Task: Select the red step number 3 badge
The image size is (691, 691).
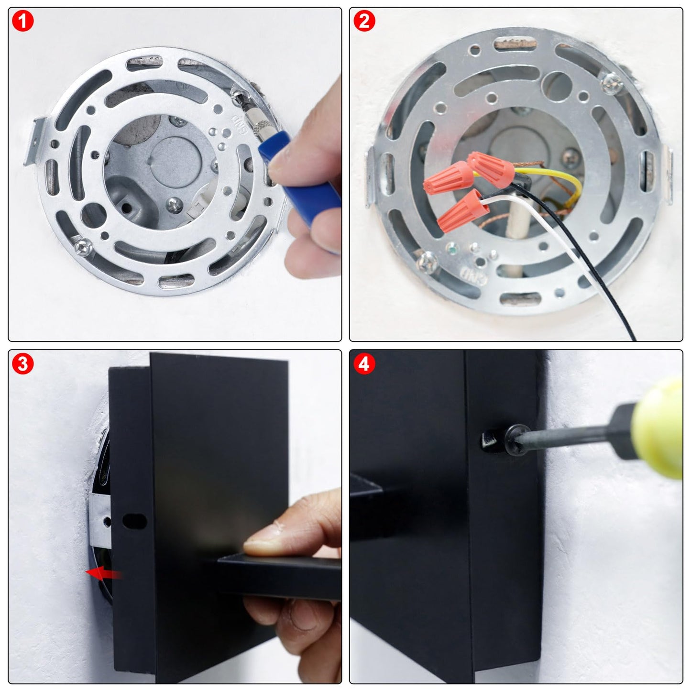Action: coord(22,364)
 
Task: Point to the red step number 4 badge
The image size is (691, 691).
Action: coord(364,364)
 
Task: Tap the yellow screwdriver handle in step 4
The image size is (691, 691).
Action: coord(658,428)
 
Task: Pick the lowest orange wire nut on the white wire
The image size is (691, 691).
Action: coord(462,211)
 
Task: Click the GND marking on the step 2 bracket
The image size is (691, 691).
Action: coord(472,275)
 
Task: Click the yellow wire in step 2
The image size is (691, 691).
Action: coord(559,175)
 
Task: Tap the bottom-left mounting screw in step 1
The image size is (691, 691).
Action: coord(83,247)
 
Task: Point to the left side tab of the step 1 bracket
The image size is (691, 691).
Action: coord(35,142)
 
